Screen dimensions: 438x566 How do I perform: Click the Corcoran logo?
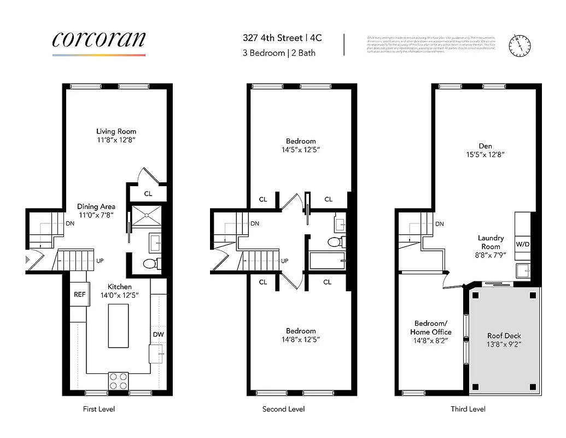pyautogui.click(x=99, y=40)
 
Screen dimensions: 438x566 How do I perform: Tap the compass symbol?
pyautogui.click(x=520, y=45)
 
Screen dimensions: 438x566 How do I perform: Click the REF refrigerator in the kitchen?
pyautogui.click(x=79, y=295)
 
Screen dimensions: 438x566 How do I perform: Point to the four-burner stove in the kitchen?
pyautogui.click(x=119, y=381)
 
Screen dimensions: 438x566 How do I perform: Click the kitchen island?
pyautogui.click(x=118, y=325)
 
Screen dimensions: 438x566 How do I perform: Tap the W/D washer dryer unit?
pyautogui.click(x=522, y=243)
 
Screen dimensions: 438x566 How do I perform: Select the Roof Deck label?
pyautogui.click(x=504, y=336)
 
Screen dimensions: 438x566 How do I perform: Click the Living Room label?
pyautogui.click(x=116, y=131)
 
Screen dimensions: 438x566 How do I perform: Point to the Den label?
pyautogui.click(x=485, y=146)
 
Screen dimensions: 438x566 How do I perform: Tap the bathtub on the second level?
pyautogui.click(x=326, y=260)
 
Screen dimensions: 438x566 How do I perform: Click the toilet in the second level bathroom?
pyautogui.click(x=334, y=241)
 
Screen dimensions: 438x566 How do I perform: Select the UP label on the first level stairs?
pyautogui.click(x=100, y=261)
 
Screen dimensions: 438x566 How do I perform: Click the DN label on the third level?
pyautogui.click(x=439, y=224)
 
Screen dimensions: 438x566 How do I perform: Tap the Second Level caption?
pyautogui.click(x=283, y=409)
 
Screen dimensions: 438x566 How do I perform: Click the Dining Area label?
pyautogui.click(x=96, y=206)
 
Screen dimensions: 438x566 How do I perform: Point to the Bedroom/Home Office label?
pyautogui.click(x=431, y=327)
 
